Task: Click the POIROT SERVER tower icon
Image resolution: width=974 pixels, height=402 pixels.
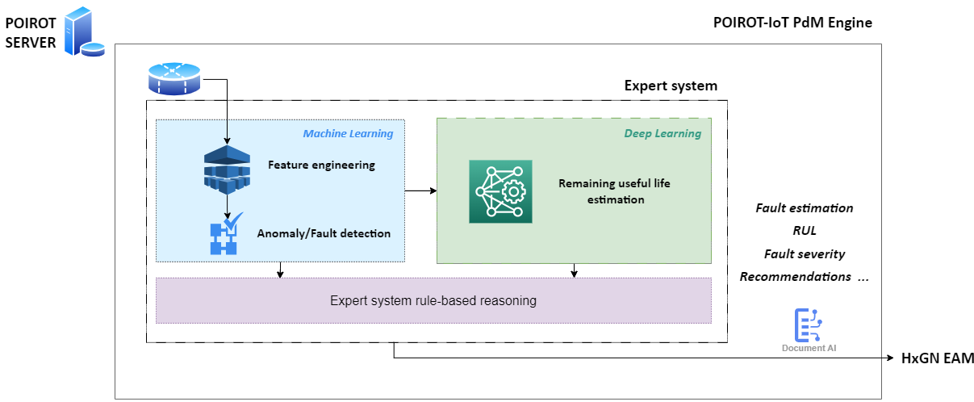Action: pyautogui.click(x=85, y=31)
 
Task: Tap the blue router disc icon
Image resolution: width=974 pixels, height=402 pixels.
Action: pyautogui.click(x=174, y=79)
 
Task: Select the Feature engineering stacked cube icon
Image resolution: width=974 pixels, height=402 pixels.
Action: pyautogui.click(x=227, y=170)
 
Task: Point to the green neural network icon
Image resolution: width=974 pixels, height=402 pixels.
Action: pyautogui.click(x=500, y=191)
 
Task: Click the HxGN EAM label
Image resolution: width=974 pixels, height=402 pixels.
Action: pyautogui.click(x=937, y=358)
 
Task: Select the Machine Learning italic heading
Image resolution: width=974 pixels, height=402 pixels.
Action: pyautogui.click(x=348, y=133)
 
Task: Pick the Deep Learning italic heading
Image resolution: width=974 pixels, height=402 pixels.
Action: pyautogui.click(x=663, y=133)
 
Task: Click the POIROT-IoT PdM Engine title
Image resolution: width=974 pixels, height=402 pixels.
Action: pyautogui.click(x=792, y=23)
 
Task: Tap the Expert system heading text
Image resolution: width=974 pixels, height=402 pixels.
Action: pyautogui.click(x=671, y=86)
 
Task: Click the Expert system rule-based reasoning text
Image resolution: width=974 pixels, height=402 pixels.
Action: pyautogui.click(x=433, y=300)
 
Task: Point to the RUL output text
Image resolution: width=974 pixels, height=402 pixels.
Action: pyautogui.click(x=805, y=231)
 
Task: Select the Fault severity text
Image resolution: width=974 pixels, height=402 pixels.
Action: pyautogui.click(x=805, y=254)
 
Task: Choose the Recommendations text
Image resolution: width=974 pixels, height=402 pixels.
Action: pyautogui.click(x=796, y=277)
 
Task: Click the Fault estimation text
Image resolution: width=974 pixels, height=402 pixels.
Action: pyautogui.click(x=805, y=208)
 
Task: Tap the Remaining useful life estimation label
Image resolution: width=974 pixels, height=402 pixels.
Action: pyautogui.click(x=614, y=191)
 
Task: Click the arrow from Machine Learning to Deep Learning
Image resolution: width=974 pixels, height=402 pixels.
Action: pyautogui.click(x=421, y=191)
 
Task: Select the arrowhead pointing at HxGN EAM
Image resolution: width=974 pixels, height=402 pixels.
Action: pyautogui.click(x=890, y=358)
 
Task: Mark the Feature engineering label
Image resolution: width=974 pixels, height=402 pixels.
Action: pyautogui.click(x=321, y=165)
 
